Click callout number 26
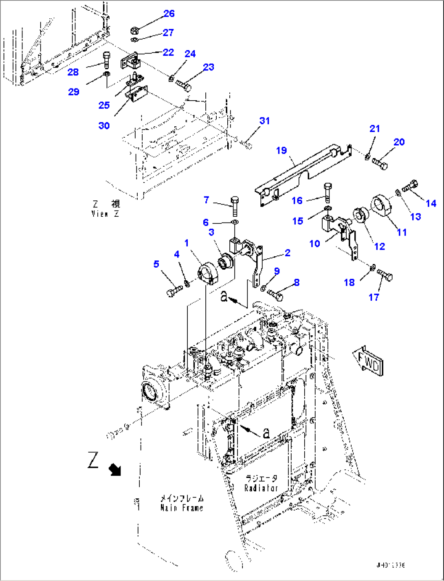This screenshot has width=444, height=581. [x=169, y=13]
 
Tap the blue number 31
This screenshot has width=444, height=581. [x=265, y=121]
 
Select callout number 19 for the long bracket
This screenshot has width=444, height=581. [x=281, y=150]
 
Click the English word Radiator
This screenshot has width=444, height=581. [x=261, y=488]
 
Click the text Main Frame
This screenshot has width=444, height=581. [x=182, y=508]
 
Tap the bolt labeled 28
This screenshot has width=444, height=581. [x=106, y=60]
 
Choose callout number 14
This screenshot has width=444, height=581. [x=431, y=203]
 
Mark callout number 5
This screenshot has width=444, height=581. [x=156, y=264]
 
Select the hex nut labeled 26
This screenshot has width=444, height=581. [x=134, y=30]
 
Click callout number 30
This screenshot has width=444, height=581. [x=104, y=125]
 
